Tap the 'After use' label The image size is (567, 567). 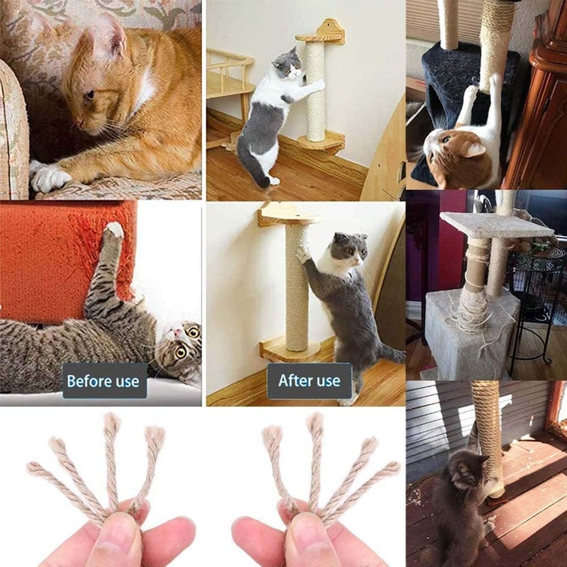(x=309, y=381)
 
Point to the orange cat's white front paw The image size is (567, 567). (x=49, y=178)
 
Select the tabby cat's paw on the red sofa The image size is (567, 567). (x=113, y=230)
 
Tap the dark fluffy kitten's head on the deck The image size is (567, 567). (x=466, y=473)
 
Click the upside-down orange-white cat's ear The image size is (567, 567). (x=473, y=149)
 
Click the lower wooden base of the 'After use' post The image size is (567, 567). (x=290, y=349)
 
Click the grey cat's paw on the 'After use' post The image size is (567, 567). (x=303, y=254)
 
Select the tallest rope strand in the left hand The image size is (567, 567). (x=112, y=463)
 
